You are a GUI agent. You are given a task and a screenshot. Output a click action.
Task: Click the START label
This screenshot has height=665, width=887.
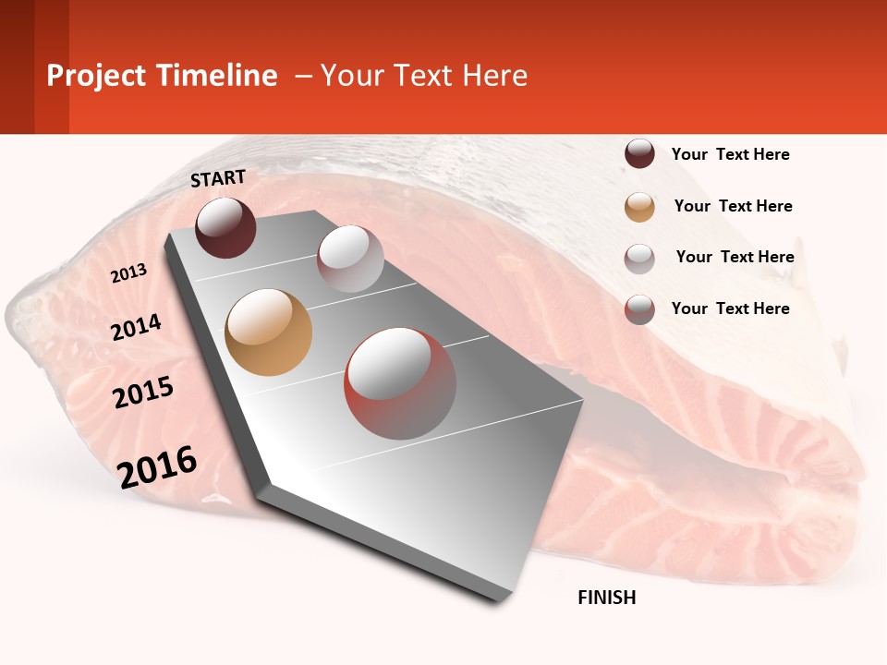pyautogui.click(x=218, y=178)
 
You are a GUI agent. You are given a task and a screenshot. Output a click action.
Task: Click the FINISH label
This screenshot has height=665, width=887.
pyautogui.click(x=606, y=598)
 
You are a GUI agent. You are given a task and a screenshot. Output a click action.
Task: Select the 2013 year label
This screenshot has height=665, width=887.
pyautogui.click(x=128, y=273)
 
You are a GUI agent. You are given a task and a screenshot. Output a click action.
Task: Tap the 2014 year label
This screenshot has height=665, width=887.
pyautogui.click(x=137, y=327)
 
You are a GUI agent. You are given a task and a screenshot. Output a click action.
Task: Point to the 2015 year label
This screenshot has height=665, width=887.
pyautogui.click(x=143, y=393)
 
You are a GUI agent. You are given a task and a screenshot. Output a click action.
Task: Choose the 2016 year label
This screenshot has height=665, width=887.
pyautogui.click(x=157, y=466)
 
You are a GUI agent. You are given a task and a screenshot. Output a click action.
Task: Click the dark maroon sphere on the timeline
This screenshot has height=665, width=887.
pyautogui.click(x=225, y=227)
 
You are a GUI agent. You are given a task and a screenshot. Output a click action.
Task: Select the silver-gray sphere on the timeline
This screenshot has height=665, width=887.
pyautogui.click(x=350, y=259)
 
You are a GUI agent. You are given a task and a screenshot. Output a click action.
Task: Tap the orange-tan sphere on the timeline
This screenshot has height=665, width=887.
pyautogui.click(x=269, y=332)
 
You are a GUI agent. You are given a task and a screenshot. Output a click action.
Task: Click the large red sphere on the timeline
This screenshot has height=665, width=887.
pyautogui.click(x=400, y=383)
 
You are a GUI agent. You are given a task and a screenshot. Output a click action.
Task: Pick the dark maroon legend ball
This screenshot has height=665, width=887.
pyautogui.click(x=639, y=153)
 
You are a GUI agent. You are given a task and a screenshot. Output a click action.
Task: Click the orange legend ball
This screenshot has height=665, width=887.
pyautogui.click(x=639, y=207)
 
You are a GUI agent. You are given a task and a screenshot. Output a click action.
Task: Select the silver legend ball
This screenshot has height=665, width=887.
pyautogui.click(x=639, y=259)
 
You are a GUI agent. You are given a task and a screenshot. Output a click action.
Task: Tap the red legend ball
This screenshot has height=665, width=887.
pyautogui.click(x=639, y=309)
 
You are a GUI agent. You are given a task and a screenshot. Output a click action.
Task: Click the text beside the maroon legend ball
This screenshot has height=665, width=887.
pyautogui.click(x=730, y=154)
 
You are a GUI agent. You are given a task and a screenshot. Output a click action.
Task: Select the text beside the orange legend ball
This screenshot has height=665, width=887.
pyautogui.click(x=733, y=206)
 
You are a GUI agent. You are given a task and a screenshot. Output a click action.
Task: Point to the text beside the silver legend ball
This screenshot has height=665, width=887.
pyautogui.click(x=735, y=257)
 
